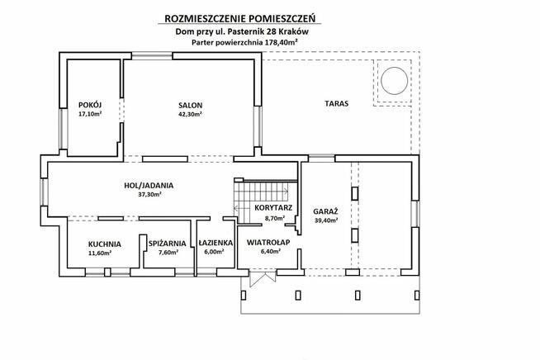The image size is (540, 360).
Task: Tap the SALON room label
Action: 190,105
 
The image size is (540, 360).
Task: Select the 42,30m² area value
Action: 190,115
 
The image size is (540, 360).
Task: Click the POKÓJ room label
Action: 89,105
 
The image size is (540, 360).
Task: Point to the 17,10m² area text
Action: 89,115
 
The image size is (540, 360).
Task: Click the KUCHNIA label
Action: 106,244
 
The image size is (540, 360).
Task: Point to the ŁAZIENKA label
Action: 214,244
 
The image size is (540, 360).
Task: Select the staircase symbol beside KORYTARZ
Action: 247,200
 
